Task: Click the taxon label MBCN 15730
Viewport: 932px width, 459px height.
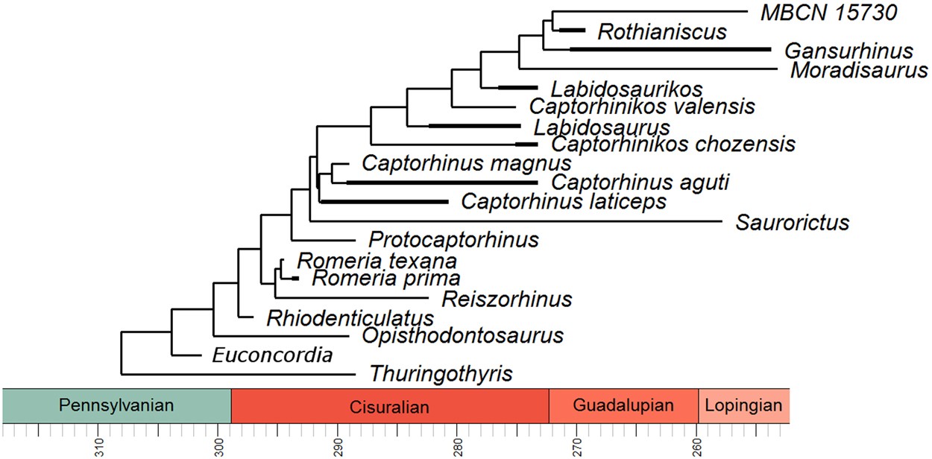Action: [x=819, y=12]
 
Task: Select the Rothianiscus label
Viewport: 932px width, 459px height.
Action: [x=661, y=32]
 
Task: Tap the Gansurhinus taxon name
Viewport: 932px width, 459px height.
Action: [x=848, y=51]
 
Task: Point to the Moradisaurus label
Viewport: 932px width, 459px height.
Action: [x=858, y=71]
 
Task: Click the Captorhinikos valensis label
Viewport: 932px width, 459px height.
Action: [x=642, y=107]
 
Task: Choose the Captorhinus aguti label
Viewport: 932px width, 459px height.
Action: [x=640, y=182]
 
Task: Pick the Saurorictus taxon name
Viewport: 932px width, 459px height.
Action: [x=792, y=222]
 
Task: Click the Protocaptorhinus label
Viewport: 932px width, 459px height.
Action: [x=453, y=240]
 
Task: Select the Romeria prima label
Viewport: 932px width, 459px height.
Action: [x=385, y=279]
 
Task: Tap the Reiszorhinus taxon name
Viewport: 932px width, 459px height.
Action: [x=506, y=300]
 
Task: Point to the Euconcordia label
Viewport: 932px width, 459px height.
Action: [x=272, y=355]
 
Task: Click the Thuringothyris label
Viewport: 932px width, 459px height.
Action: [x=441, y=373]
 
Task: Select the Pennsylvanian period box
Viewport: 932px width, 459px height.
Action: [x=116, y=406]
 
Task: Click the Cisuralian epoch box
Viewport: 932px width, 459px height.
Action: [x=389, y=406]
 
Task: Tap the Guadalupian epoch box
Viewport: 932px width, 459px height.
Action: [x=623, y=406]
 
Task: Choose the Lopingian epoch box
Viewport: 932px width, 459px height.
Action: [x=743, y=406]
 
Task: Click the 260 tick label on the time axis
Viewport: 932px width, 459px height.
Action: [x=698, y=446]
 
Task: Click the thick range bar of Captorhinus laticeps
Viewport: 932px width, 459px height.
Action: [x=384, y=201]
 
